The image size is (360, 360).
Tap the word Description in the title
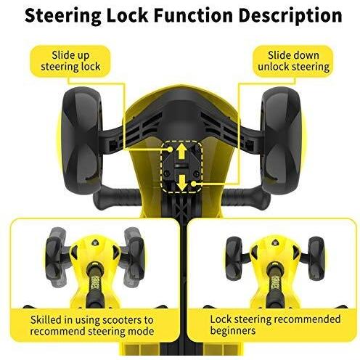click(x=290, y=16)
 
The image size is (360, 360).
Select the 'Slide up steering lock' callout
click(x=70, y=61)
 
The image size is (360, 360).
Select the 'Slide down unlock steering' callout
click(x=293, y=61)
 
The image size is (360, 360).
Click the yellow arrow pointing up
click(x=181, y=151)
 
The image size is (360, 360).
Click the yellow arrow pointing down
click(x=181, y=182)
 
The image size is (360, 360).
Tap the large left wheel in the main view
click(x=81, y=140)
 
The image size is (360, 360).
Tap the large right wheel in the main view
click(x=282, y=140)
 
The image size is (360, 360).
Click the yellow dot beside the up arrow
click(x=170, y=150)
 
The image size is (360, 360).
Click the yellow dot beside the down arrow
click(x=193, y=184)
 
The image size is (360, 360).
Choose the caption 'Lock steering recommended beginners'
click(x=275, y=325)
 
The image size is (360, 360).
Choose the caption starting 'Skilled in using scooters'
click(x=92, y=325)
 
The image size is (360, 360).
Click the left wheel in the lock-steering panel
click(x=234, y=258)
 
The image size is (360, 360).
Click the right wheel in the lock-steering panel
click(x=316, y=258)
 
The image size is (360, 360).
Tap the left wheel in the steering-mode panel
click(x=54, y=257)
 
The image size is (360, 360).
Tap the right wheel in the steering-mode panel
click(x=135, y=257)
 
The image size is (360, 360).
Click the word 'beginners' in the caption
click(x=233, y=330)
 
